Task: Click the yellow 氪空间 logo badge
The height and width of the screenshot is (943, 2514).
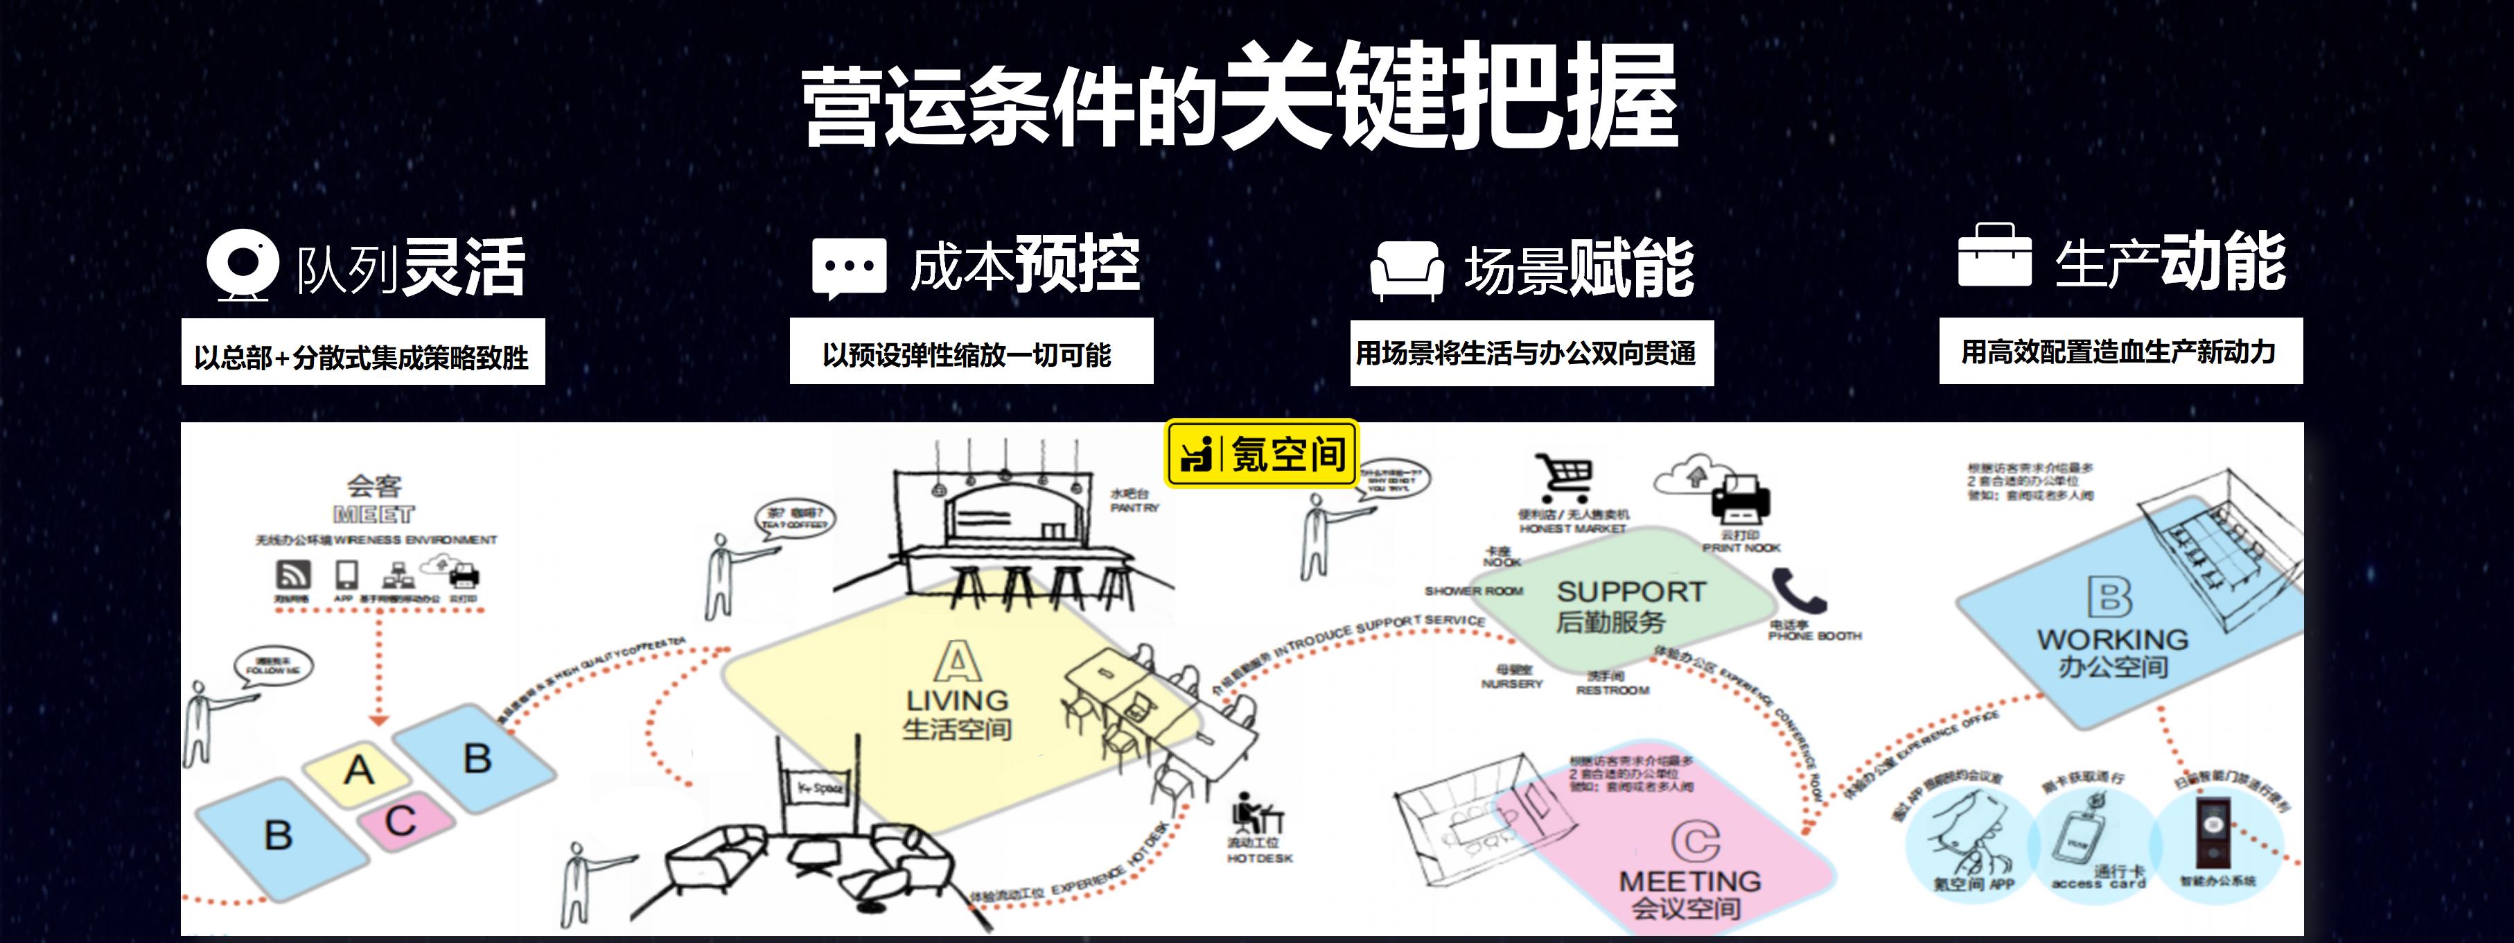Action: (x=1261, y=453)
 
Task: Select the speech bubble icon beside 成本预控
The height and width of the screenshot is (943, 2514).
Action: (x=849, y=266)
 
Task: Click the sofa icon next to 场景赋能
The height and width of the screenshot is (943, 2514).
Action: (x=1406, y=270)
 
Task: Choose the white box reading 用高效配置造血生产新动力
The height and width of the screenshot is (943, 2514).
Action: (x=2120, y=352)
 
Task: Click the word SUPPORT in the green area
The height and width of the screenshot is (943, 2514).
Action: (x=1630, y=591)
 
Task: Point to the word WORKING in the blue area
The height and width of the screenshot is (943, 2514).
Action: (x=2112, y=639)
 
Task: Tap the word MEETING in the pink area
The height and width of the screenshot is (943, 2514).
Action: (x=1689, y=881)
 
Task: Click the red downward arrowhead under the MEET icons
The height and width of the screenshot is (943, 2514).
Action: (x=378, y=720)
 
